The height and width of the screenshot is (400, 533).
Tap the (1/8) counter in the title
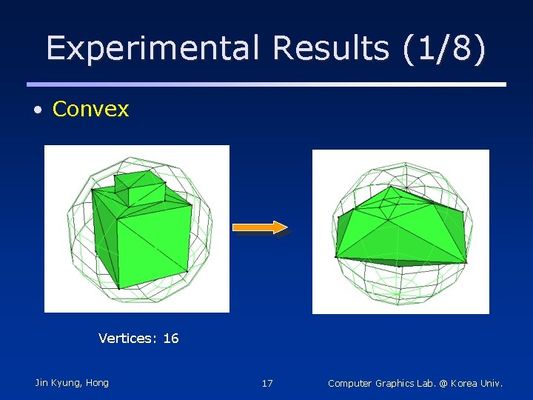446,49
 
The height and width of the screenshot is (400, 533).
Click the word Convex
90,110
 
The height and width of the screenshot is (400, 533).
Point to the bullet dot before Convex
38,110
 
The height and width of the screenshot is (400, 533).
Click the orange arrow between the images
260,227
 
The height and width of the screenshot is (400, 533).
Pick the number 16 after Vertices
171,339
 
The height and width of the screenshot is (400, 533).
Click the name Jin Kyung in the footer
58,383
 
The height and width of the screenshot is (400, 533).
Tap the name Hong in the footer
97,383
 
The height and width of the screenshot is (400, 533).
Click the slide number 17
267,384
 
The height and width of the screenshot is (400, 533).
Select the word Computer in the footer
352,384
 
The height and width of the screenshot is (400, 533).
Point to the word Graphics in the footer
397,384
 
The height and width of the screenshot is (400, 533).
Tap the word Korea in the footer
465,384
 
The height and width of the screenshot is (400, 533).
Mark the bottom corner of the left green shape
118,288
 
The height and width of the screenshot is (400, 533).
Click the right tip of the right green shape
467,261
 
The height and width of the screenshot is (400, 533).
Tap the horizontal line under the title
266,84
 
